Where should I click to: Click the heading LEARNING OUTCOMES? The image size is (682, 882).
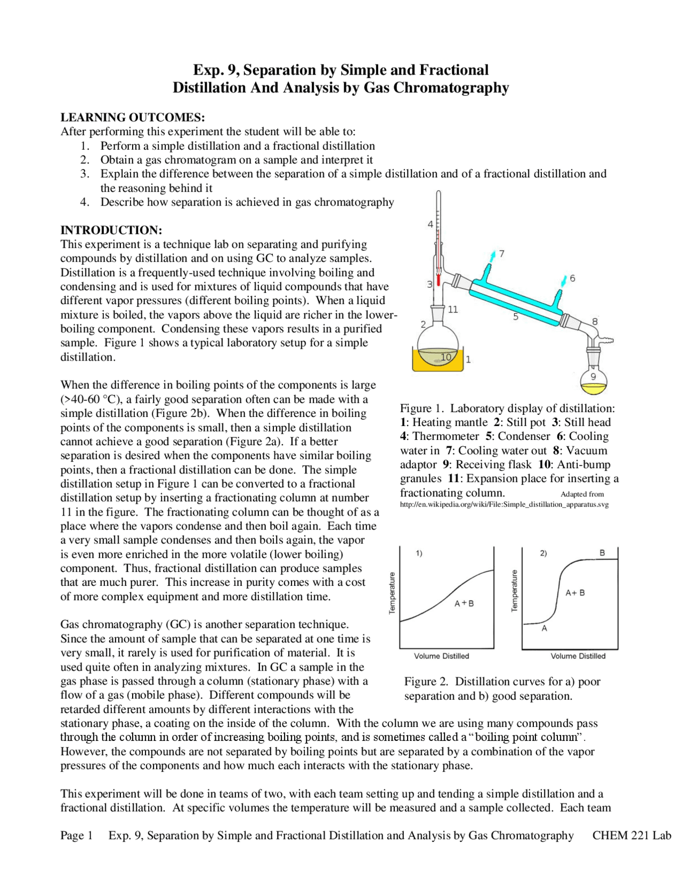pos(132,117)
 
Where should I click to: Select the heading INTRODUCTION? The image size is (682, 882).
pos(111,230)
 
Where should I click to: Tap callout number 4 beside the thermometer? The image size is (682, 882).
pos(430,224)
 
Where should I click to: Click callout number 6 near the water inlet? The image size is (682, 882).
pos(572,278)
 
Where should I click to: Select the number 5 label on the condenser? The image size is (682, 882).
pos(515,316)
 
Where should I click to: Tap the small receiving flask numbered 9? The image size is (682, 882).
pos(594,379)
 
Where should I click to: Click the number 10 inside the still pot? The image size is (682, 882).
pos(446,356)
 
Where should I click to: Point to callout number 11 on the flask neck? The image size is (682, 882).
pos(453,309)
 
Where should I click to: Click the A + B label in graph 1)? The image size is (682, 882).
pos(464,603)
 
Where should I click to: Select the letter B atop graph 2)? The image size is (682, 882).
pos(602,553)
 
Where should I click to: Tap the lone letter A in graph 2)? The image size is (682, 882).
pos(544,628)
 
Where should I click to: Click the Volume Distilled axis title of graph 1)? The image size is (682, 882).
pos(441,656)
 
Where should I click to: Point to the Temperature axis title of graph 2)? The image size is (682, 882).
pos(515,591)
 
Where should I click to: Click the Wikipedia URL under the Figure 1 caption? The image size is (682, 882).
pos(504,504)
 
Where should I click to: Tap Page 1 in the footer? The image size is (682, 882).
pos(77,835)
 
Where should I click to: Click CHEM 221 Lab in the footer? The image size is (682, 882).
pos(631,835)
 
